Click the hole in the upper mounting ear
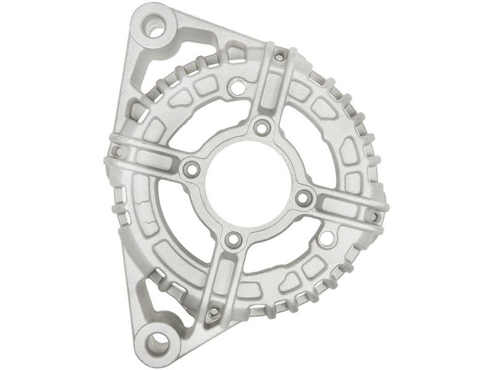point(154,27)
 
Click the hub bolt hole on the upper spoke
point(263,128)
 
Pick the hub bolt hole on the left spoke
point(192,168)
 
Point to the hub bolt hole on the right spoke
point(303,198)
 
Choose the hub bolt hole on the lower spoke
point(232,239)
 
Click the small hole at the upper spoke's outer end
point(279,57)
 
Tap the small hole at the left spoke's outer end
point(117,150)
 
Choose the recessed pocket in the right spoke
point(342,207)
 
